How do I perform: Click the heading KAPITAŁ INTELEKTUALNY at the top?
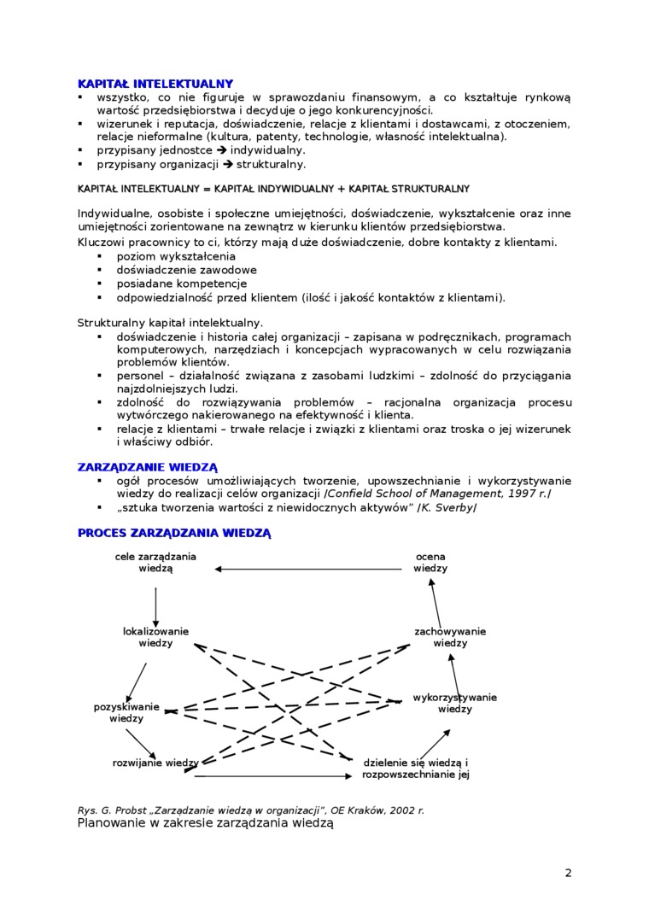155,84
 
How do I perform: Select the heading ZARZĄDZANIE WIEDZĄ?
147,467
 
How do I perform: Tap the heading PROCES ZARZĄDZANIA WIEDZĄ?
173,533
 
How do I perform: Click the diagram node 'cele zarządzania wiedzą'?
155,562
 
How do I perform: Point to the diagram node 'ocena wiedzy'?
430,562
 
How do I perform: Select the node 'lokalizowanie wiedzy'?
155,637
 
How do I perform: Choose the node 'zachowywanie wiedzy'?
450,637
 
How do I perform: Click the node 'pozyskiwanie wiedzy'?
126,712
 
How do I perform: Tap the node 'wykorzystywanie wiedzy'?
454,703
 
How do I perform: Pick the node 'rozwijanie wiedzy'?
155,763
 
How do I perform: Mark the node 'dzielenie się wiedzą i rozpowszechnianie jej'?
416,769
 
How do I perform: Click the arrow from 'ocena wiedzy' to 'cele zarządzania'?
307,569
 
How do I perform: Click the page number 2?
568,873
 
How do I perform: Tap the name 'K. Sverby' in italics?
447,508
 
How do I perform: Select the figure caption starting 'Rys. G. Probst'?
250,810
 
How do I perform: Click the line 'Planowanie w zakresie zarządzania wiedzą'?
205,823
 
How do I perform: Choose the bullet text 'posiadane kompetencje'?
181,284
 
